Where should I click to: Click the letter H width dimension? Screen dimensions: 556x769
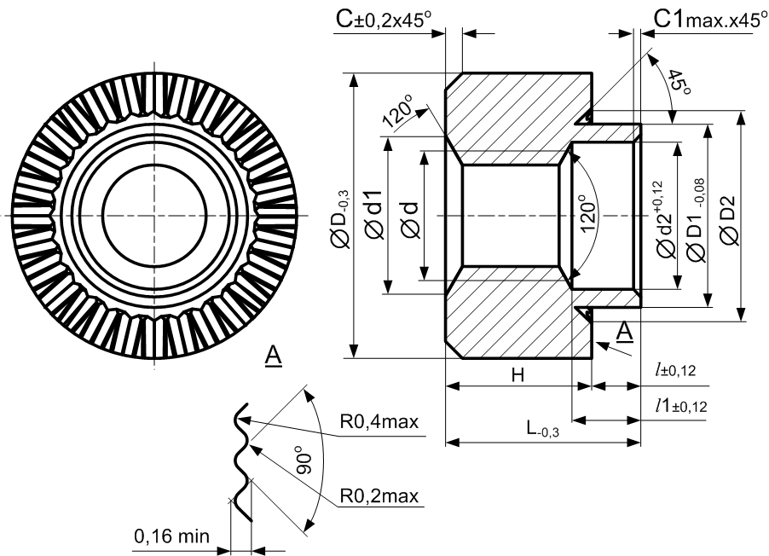[x=517, y=374]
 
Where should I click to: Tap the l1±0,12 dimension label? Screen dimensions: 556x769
[x=681, y=405]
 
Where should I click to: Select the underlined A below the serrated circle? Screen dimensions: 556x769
[x=273, y=356]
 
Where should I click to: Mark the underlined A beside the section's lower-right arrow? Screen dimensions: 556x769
[x=623, y=332]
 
